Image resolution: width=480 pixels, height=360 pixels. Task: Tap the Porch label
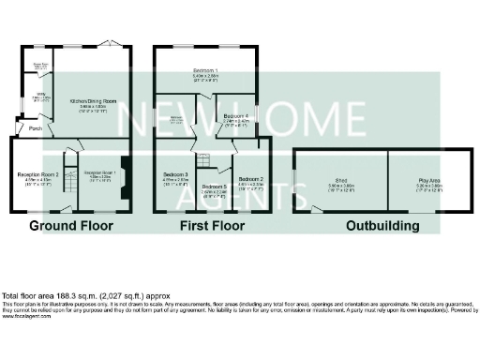(x=35, y=128)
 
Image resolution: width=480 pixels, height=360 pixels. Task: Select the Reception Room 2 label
(x=38, y=175)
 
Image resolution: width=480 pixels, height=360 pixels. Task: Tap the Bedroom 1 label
(x=206, y=71)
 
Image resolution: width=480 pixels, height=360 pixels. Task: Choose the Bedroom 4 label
(x=235, y=117)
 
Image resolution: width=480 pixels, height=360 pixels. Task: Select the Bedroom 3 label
(x=176, y=175)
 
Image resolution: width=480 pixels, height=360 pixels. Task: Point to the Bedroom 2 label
(x=250, y=178)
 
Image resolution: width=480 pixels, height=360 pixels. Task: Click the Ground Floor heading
(x=71, y=227)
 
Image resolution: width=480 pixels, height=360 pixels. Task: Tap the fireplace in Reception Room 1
(x=125, y=174)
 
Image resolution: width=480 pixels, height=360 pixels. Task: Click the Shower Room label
(x=42, y=66)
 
